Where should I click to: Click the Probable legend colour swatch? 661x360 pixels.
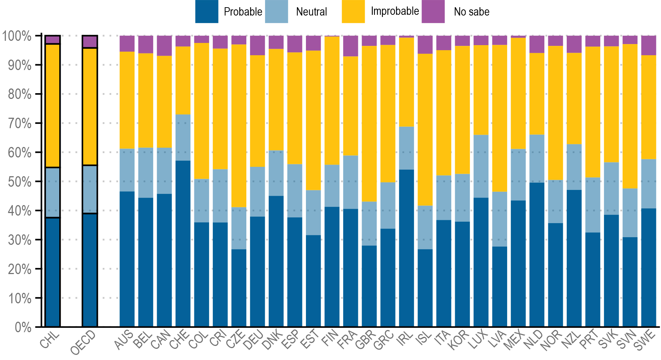[x=207, y=12]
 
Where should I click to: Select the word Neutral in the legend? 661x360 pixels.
[x=311, y=12]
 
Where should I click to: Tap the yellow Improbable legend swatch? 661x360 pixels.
[x=353, y=12]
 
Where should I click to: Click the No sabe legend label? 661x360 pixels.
[x=471, y=12]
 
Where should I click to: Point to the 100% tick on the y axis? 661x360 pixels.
[x=17, y=36]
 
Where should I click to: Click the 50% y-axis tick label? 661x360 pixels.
[x=20, y=182]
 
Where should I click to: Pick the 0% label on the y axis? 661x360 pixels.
[x=23, y=328]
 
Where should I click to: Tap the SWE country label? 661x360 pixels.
[x=645, y=341]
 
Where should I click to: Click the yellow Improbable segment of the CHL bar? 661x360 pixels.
[x=53, y=105]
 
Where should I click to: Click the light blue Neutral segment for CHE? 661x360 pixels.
[x=183, y=138]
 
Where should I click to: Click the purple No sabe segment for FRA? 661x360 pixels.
[x=350, y=46]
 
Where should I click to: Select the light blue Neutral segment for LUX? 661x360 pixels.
[x=481, y=166]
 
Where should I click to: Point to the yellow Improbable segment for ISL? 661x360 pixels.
[x=425, y=130]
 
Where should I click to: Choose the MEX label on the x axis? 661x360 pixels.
[x=514, y=341]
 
